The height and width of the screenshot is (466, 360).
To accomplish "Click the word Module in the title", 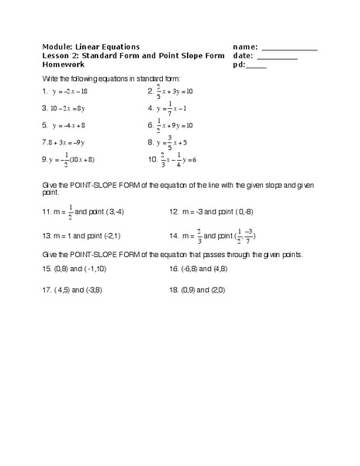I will pyautogui.click(x=58, y=47).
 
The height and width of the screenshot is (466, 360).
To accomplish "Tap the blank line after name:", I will pyautogui.click(x=289, y=49).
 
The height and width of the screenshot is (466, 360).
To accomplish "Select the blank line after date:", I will pyautogui.click(x=276, y=58).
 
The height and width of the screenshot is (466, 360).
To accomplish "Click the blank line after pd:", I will pyautogui.click(x=256, y=68).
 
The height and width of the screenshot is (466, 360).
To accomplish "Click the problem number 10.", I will pyautogui.click(x=152, y=160).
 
